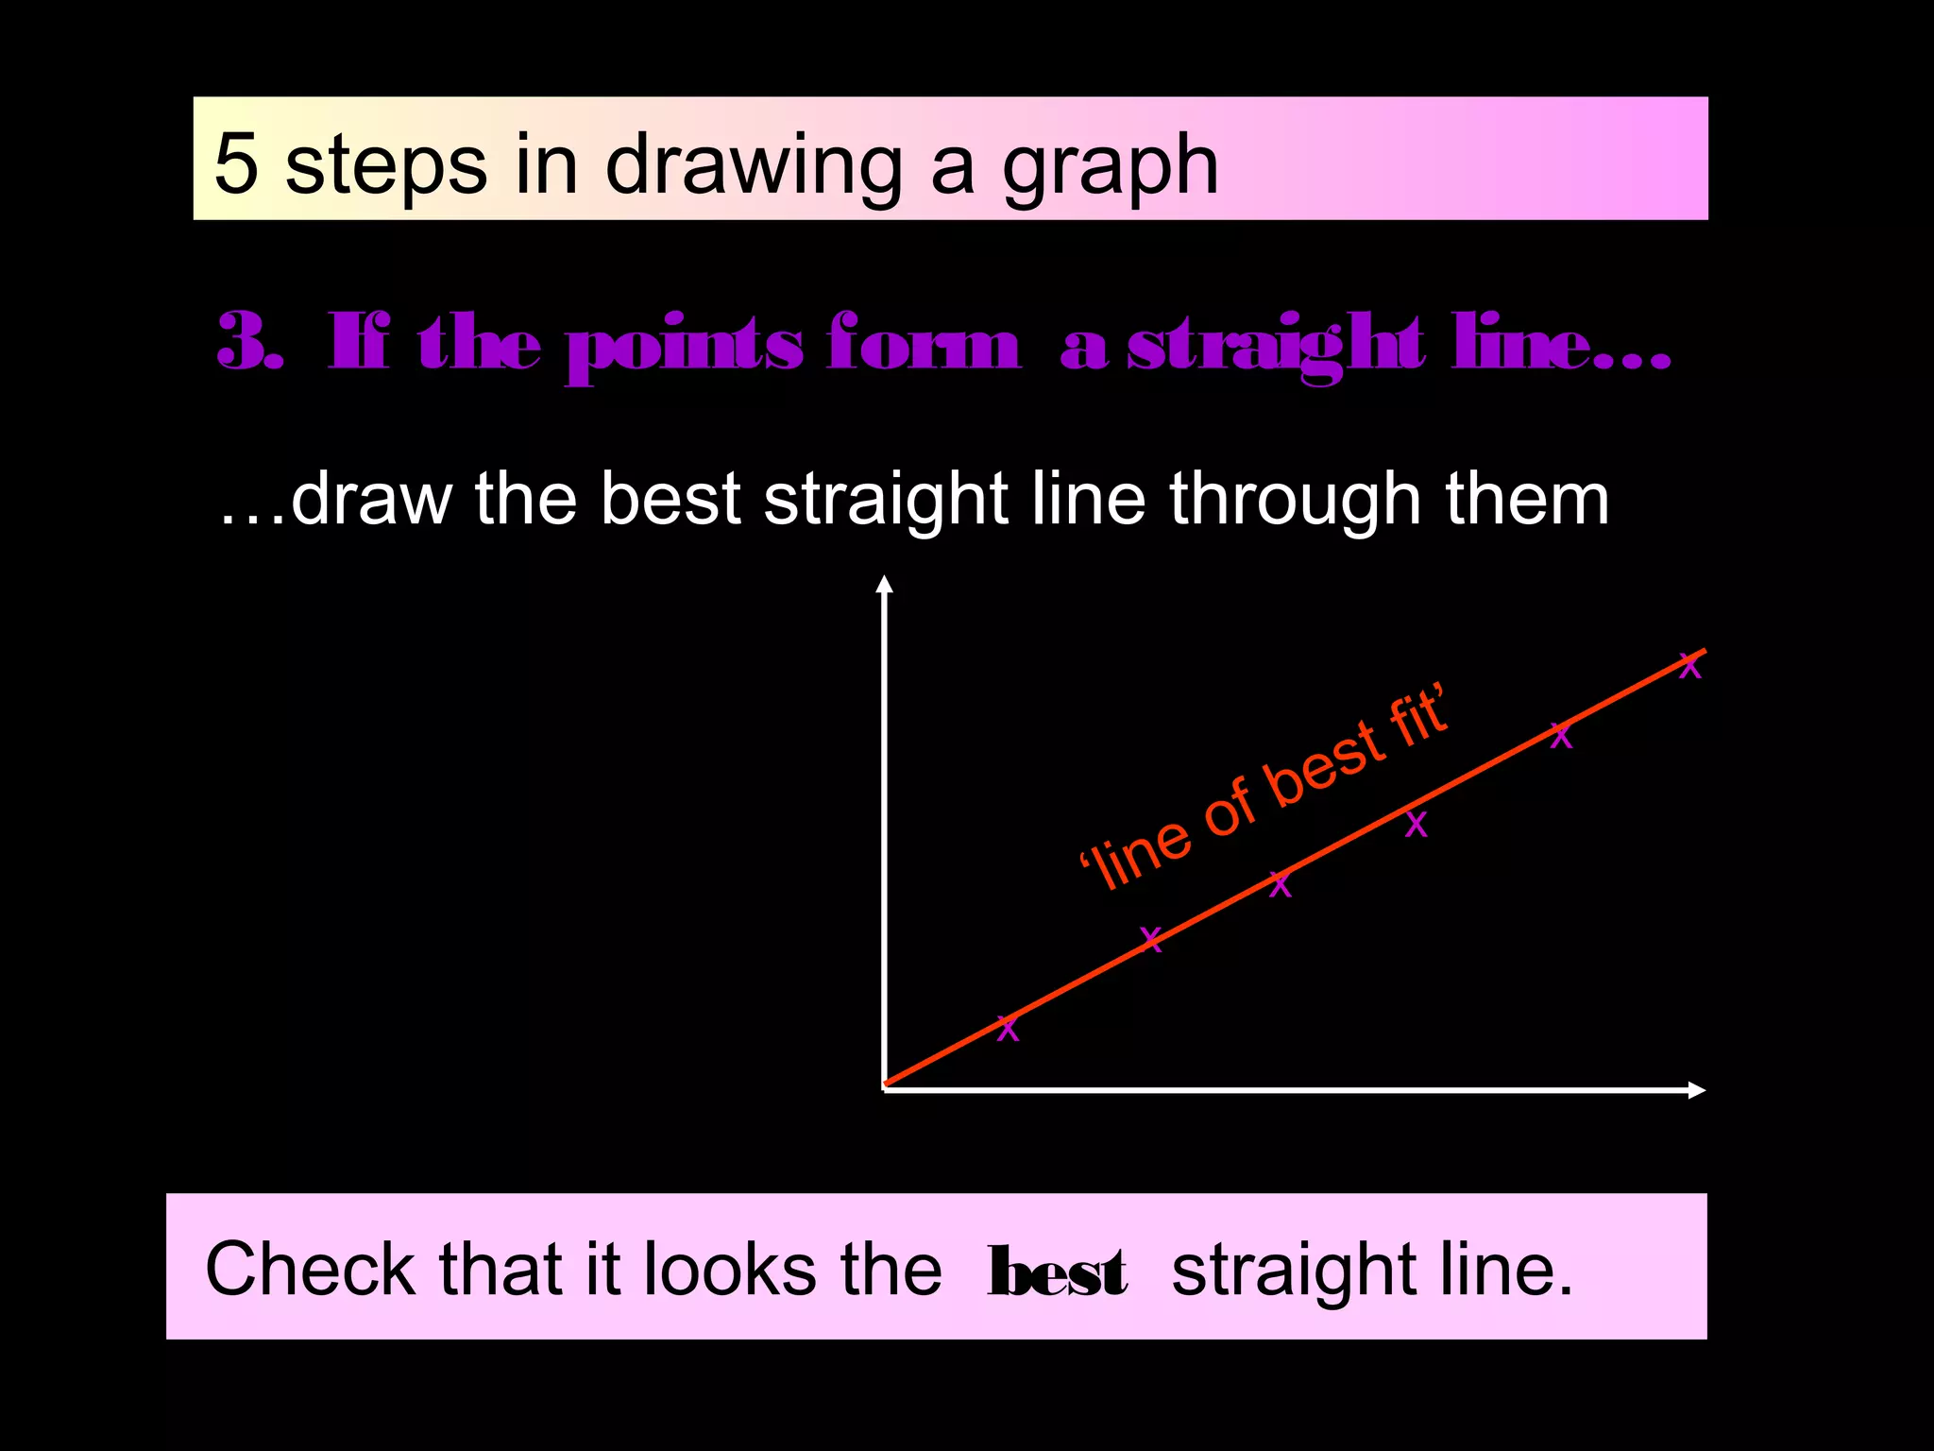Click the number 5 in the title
tap(236, 164)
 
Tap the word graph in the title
tap(1111, 168)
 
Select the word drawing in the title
tap(754, 168)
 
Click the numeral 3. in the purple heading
tap(250, 343)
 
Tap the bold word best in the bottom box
tap(1057, 1272)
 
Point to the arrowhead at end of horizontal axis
tap(1696, 1090)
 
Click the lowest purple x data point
tap(1008, 1029)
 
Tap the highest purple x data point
tap(1689, 667)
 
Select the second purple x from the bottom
tap(1150, 939)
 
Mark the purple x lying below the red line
tap(1416, 825)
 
